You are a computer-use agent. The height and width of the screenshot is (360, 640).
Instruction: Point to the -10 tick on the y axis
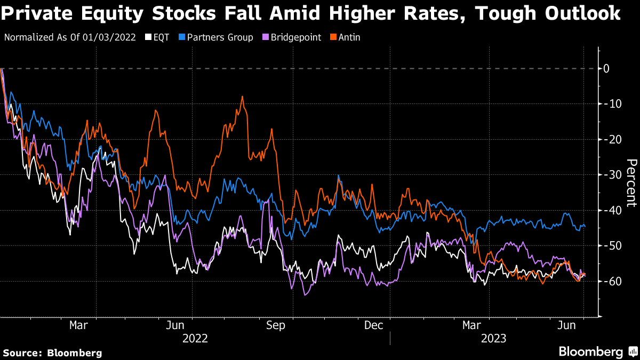610,103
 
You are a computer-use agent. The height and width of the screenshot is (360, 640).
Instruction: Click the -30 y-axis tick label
610,174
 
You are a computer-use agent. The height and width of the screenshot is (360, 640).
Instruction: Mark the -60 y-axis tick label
610,281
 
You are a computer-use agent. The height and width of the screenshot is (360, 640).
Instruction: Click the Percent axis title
631,182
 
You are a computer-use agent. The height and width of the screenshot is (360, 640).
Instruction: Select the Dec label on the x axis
374,325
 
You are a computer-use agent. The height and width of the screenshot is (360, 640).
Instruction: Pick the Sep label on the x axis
276,325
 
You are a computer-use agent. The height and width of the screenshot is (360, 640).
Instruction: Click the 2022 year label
195,338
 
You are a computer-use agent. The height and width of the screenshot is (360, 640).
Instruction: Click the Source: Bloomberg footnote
52,353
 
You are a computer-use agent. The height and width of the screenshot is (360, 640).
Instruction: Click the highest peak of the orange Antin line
242,97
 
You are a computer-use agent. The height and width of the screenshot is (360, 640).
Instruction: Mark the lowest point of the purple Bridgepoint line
306,294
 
